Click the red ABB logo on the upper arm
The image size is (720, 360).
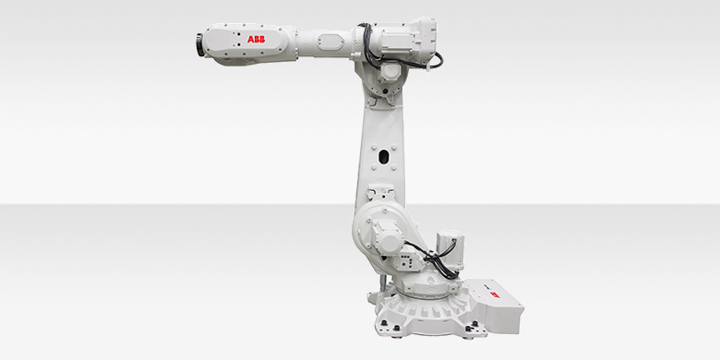(256, 39)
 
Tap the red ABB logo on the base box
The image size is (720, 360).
(494, 294)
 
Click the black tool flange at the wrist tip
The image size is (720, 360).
(200, 45)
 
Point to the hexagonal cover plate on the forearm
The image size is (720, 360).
(331, 41)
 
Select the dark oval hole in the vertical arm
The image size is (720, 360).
(383, 157)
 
